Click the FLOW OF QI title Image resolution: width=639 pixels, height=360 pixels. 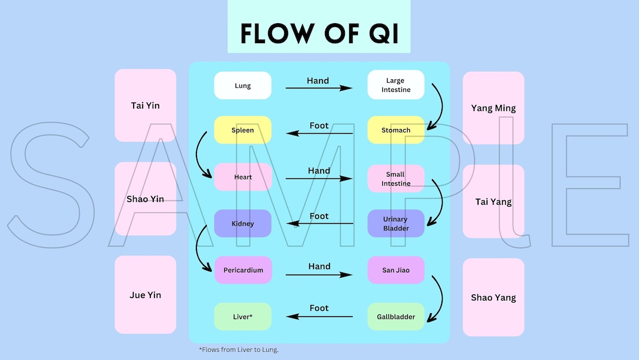(x=319, y=34)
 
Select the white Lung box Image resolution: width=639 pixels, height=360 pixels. (x=243, y=85)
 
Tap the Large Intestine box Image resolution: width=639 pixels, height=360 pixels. (x=396, y=85)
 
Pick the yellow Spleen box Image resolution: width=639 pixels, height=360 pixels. (x=243, y=130)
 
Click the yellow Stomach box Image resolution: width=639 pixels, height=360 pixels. (x=396, y=130)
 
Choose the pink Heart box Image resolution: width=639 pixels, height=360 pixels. (x=243, y=177)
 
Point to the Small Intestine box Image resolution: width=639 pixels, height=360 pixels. (x=396, y=179)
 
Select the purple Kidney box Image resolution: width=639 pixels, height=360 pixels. (x=243, y=223)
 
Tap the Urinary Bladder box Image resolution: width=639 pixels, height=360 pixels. (x=396, y=223)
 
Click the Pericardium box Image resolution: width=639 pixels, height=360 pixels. (x=243, y=270)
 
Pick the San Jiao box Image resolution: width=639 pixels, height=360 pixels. (x=396, y=270)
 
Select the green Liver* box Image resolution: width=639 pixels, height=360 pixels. (x=243, y=317)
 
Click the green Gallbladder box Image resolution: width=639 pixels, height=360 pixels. (x=396, y=317)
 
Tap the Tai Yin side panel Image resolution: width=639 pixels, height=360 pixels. (x=145, y=105)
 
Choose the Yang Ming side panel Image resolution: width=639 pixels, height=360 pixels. (x=493, y=108)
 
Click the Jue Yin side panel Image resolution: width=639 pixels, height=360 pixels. (x=145, y=295)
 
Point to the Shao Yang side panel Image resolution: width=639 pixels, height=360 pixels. (x=493, y=297)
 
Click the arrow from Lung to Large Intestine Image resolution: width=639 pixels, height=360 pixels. (x=319, y=88)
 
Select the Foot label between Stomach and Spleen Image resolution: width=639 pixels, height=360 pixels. (x=319, y=126)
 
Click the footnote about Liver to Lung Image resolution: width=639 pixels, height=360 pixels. (x=238, y=349)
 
